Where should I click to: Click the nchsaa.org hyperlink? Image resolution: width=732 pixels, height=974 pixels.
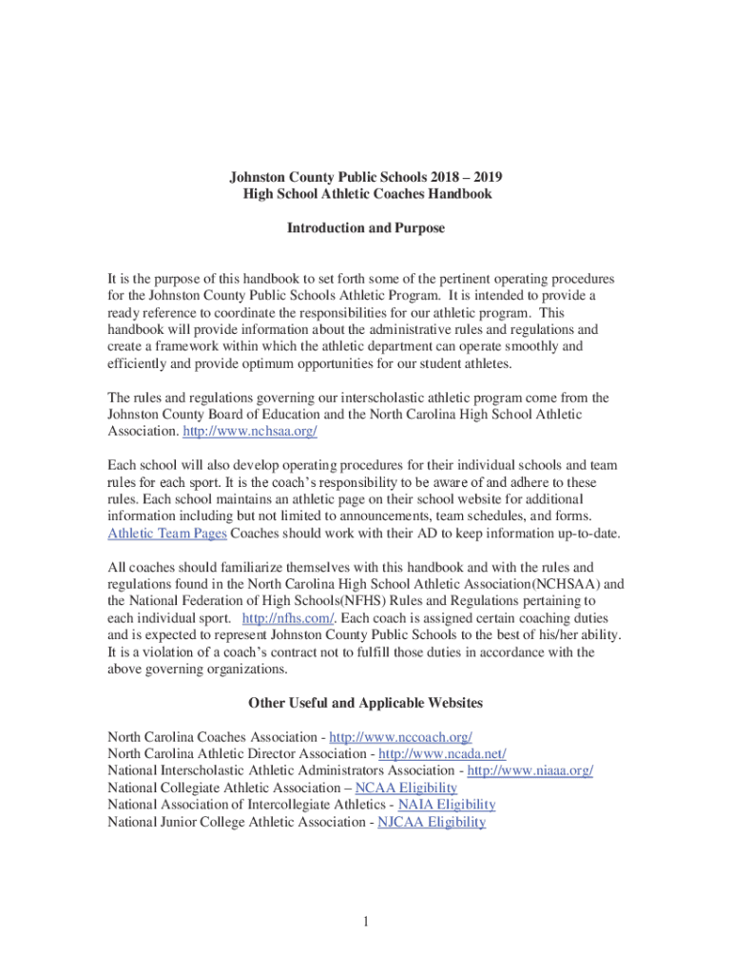[x=249, y=431]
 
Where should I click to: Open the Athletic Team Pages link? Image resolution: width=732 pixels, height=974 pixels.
[x=167, y=533]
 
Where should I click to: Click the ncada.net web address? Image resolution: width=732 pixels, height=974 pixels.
[x=442, y=754]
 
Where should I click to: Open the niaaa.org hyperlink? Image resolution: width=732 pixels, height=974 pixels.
[x=530, y=770]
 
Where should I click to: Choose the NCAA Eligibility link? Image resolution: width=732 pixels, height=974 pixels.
[x=406, y=788]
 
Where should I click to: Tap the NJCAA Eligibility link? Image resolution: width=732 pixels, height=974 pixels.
[x=432, y=822]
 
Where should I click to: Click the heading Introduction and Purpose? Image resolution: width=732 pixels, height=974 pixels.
[x=366, y=228]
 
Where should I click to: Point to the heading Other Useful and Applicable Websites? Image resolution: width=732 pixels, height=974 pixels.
[x=366, y=703]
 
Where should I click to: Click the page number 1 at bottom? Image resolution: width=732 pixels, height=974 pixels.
[x=366, y=921]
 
